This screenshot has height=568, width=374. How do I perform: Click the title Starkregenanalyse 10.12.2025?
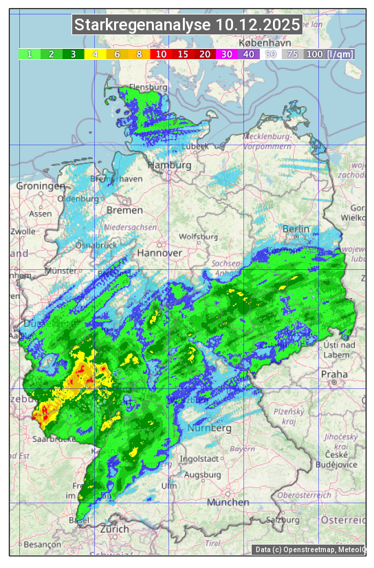pyautogui.click(x=187, y=25)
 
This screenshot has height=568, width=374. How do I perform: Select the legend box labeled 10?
pyautogui.click(x=160, y=54)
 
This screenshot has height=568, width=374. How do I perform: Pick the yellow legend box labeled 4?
pyautogui.click(x=95, y=54)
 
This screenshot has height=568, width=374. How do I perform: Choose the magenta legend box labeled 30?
pyautogui.click(x=225, y=54)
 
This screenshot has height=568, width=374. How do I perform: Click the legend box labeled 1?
pyautogui.click(x=30, y=54)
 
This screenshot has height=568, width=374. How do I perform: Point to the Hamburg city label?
pyautogui.click(x=169, y=166)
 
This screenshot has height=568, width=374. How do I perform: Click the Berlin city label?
pyautogui.click(x=296, y=229)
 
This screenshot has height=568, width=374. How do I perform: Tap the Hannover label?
pyautogui.click(x=159, y=253)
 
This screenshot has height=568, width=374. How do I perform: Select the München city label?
pyautogui.click(x=228, y=503)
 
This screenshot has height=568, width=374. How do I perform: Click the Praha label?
pyautogui.click(x=334, y=375)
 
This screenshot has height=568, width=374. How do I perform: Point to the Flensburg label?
pyautogui.click(x=148, y=88)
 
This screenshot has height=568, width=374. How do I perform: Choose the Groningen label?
pyautogui.click(x=41, y=186)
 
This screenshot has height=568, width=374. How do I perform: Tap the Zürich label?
pyautogui.click(x=114, y=529)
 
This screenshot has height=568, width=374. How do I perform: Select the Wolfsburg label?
pyautogui.click(x=198, y=237)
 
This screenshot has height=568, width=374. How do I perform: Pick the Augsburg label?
pyautogui.click(x=203, y=474)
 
